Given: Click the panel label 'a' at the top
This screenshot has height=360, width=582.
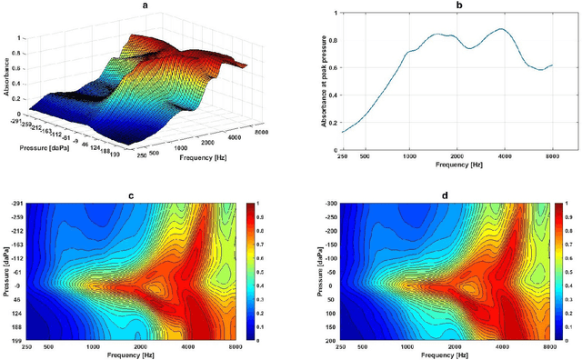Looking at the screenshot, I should [x=145, y=5].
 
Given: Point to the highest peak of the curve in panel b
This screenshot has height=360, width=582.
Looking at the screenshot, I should [x=502, y=29].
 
